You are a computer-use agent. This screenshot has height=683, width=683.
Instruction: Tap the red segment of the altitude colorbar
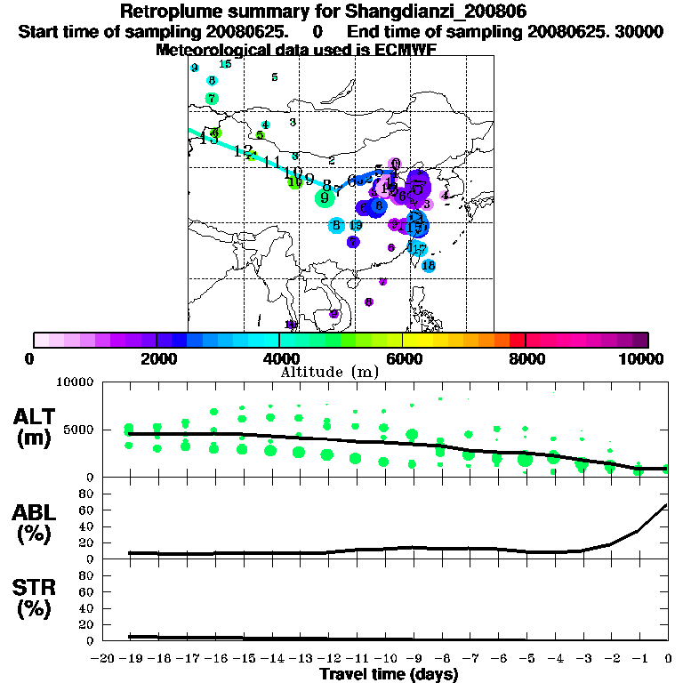(518, 340)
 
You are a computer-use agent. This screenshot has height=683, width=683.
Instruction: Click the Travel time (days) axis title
(389, 675)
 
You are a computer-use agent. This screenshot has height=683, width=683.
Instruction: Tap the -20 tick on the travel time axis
(103, 658)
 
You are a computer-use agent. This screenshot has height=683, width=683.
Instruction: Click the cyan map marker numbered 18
(429, 266)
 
